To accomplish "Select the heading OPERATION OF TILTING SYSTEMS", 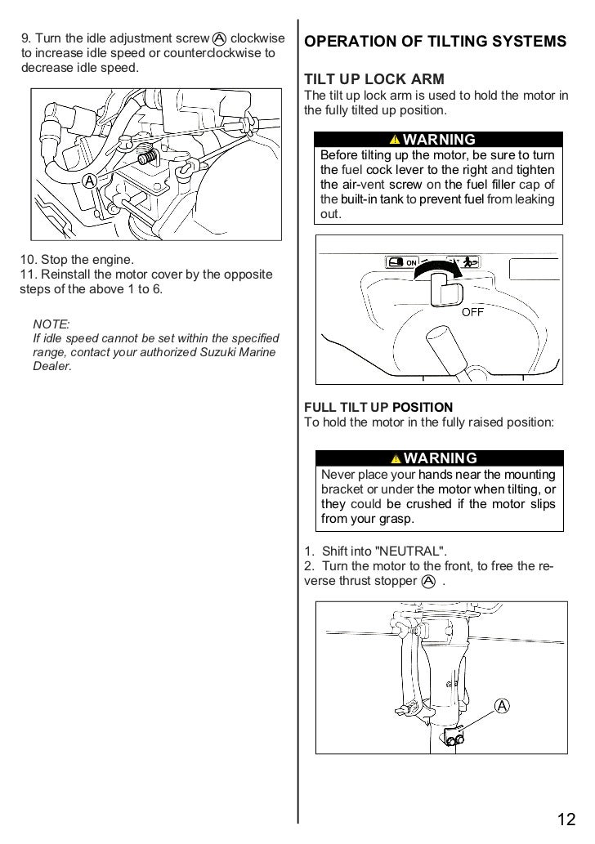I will coord(435,42).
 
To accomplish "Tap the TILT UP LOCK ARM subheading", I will coord(374,79).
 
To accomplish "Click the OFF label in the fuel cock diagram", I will coord(474,311).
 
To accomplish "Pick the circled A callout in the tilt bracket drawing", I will coord(501,704).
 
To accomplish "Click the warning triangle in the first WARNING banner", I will coord(395,141).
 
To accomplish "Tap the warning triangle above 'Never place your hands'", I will coord(396,458).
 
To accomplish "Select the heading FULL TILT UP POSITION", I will coord(378,407).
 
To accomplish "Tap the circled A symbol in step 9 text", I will coord(219,38).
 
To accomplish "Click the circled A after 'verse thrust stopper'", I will coord(429,581).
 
